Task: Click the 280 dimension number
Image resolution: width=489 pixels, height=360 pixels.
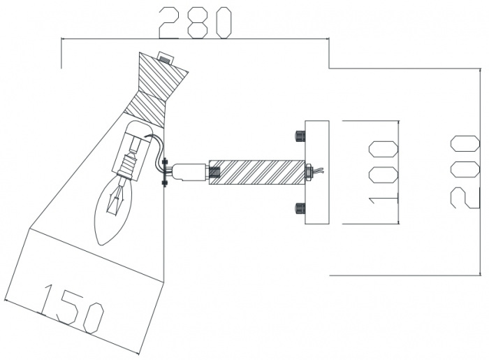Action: click(x=195, y=22)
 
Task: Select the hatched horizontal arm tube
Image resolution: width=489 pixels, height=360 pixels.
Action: click(x=258, y=171)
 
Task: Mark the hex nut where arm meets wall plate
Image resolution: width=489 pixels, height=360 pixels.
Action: click(x=308, y=171)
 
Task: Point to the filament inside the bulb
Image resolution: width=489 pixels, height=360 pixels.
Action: click(x=116, y=199)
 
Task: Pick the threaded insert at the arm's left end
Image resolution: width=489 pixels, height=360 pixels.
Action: click(x=214, y=171)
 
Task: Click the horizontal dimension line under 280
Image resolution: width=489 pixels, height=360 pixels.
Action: click(x=195, y=41)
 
